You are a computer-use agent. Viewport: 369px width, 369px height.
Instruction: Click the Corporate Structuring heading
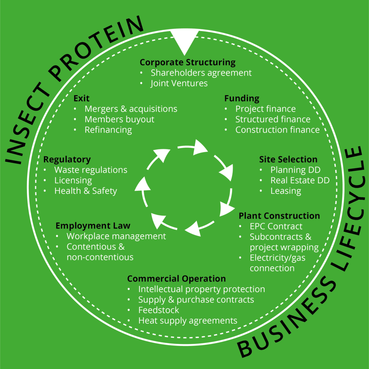(187, 62)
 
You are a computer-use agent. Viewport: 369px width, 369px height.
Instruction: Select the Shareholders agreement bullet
(201, 73)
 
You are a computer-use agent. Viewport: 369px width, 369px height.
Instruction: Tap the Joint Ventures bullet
(179, 83)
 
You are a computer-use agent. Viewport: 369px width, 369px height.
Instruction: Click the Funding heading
(242, 98)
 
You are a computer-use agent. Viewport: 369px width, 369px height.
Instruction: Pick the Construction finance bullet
(277, 130)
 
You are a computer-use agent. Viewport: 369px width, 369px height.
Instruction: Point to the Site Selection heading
(288, 159)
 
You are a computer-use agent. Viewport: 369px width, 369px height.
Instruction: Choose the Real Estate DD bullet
(300, 180)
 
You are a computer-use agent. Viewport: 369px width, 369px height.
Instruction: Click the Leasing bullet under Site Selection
(286, 191)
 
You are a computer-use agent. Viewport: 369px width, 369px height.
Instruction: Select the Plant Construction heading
(279, 216)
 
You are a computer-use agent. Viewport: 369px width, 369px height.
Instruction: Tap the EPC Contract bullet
(276, 226)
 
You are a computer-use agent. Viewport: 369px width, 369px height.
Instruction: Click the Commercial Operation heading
(177, 279)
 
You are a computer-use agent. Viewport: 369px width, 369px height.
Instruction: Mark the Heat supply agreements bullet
(188, 320)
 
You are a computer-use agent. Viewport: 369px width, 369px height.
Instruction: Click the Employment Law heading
(93, 226)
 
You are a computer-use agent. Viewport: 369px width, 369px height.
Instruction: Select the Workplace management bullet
(116, 236)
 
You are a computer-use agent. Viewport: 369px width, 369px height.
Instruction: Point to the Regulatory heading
(67, 159)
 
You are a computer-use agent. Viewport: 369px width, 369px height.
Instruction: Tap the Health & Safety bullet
(85, 191)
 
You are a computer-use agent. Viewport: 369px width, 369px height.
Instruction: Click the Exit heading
(81, 98)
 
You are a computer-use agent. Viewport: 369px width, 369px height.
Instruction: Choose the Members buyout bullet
(119, 119)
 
